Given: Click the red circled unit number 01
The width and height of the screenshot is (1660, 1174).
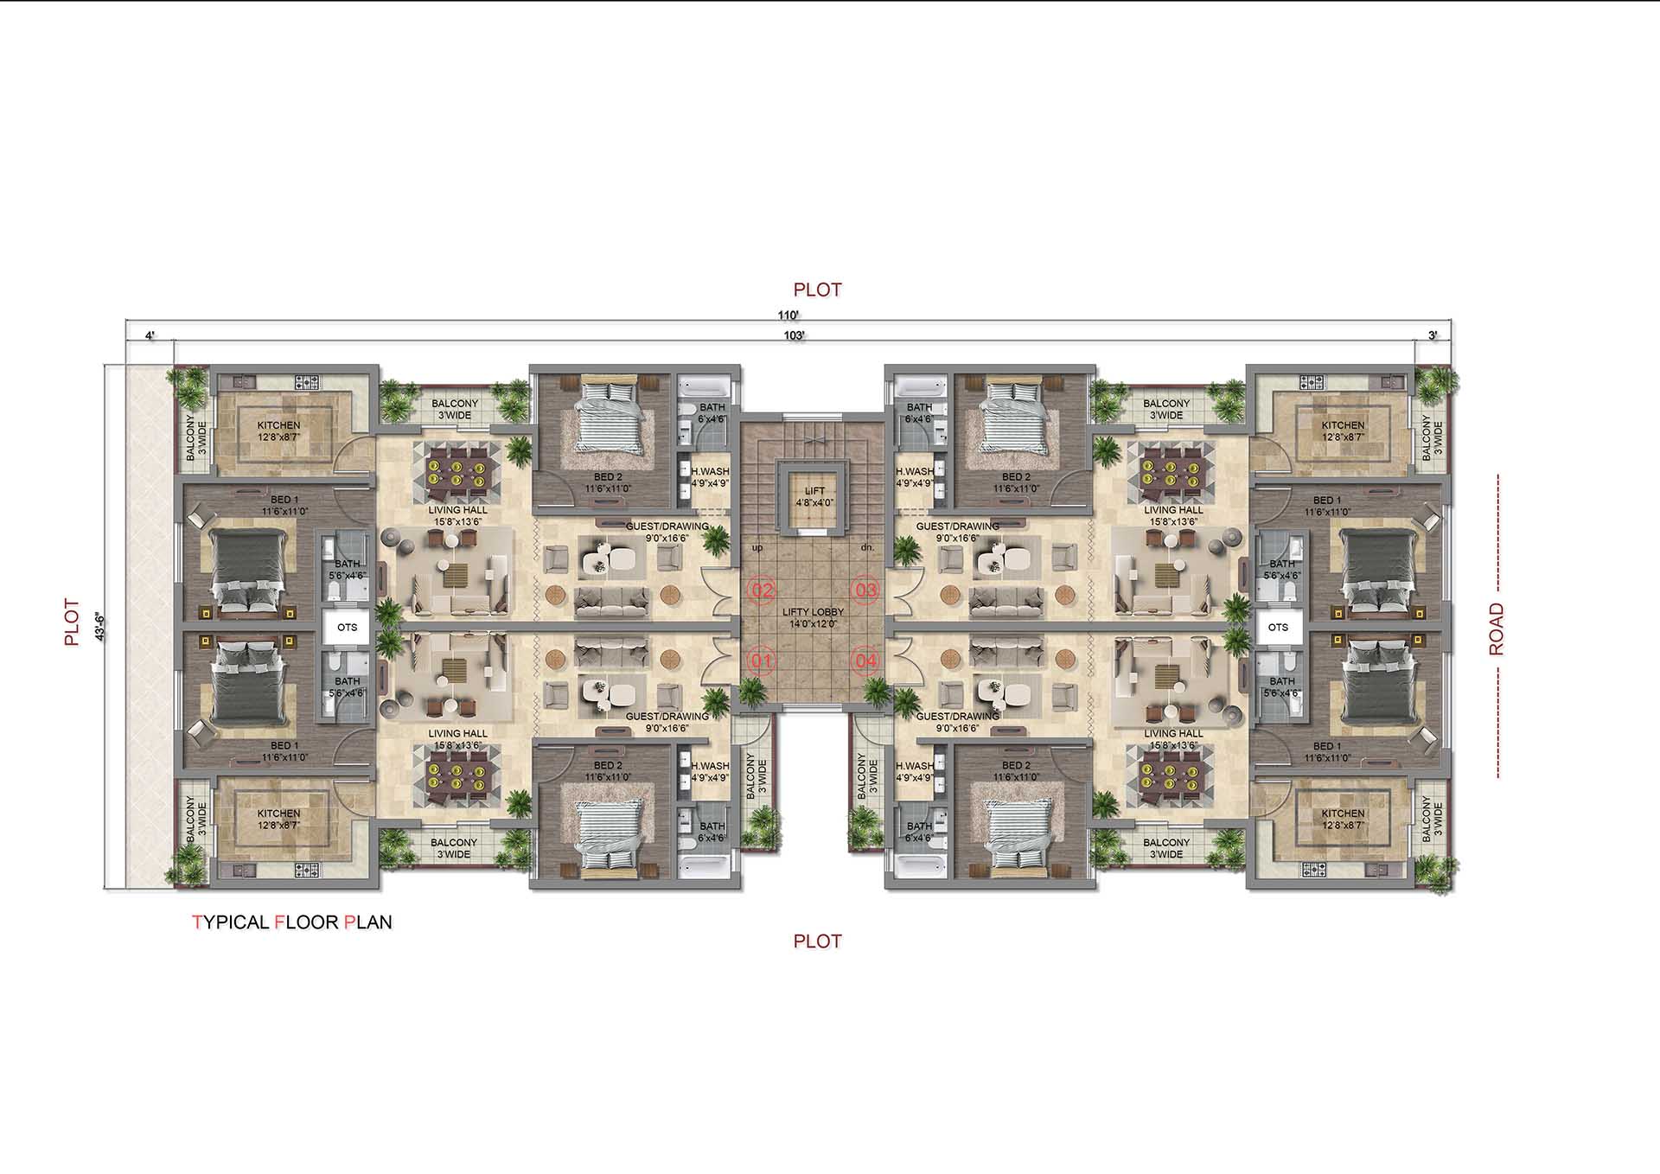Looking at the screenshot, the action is pyautogui.click(x=762, y=662).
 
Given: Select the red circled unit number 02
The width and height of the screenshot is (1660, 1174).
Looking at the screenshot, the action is pyautogui.click(x=762, y=591).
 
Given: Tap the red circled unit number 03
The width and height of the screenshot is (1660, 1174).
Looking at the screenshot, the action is pyautogui.click(x=865, y=591).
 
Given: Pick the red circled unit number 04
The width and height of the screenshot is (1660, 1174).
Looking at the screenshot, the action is pyautogui.click(x=865, y=662).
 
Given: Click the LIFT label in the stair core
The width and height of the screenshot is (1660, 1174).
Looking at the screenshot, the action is pyautogui.click(x=814, y=491).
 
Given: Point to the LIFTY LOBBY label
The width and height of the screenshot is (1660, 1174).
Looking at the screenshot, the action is pyautogui.click(x=813, y=612).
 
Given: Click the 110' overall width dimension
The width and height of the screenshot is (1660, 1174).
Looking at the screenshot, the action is pyautogui.click(x=788, y=316).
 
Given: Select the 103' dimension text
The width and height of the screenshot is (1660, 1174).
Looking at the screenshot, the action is pyautogui.click(x=795, y=335).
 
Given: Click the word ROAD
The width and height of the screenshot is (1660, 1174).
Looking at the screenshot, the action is pyautogui.click(x=1497, y=629).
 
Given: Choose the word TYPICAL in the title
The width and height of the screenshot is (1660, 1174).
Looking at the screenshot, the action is pyautogui.click(x=230, y=922).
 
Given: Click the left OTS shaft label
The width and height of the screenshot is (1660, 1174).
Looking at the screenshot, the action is pyautogui.click(x=347, y=628).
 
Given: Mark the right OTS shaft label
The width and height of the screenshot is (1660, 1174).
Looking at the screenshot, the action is pyautogui.click(x=1278, y=628).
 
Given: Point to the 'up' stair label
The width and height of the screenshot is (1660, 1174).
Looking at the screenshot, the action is pyautogui.click(x=757, y=548).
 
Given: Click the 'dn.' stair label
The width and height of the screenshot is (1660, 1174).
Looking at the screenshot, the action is pyautogui.click(x=868, y=547).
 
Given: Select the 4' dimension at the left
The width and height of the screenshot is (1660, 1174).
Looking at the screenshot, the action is pyautogui.click(x=150, y=335).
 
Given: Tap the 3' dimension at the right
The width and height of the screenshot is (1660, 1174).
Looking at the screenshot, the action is pyautogui.click(x=1433, y=335).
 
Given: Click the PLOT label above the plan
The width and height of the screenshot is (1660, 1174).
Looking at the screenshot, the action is pyautogui.click(x=817, y=290).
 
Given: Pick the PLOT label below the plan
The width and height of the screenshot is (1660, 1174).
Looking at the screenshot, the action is pyautogui.click(x=817, y=941).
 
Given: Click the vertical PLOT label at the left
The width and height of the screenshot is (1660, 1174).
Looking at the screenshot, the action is pyautogui.click(x=72, y=623).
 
